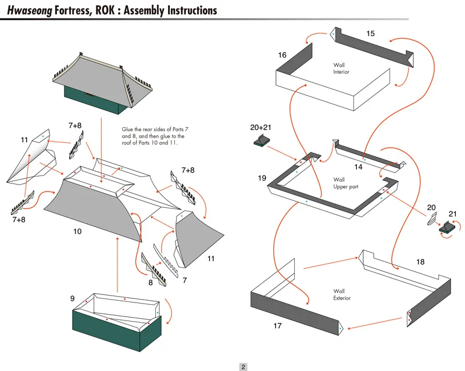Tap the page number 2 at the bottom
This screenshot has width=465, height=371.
coord(244,366)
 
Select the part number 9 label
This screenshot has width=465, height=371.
coord(73,298)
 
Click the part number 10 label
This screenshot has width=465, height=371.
coord(77,231)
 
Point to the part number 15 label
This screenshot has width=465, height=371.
coord(370,34)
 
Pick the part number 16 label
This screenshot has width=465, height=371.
coord(282,55)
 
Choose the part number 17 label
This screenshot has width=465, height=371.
coord(277,326)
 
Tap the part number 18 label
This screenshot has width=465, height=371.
coord(420,262)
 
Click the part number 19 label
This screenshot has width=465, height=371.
coord(262,178)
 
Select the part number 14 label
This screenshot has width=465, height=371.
coord(358,167)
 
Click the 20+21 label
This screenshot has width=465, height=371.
coord(261,127)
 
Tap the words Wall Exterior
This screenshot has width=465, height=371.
coord(342,294)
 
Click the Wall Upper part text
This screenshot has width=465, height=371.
coord(346,183)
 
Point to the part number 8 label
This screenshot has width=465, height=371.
coord(151,283)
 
